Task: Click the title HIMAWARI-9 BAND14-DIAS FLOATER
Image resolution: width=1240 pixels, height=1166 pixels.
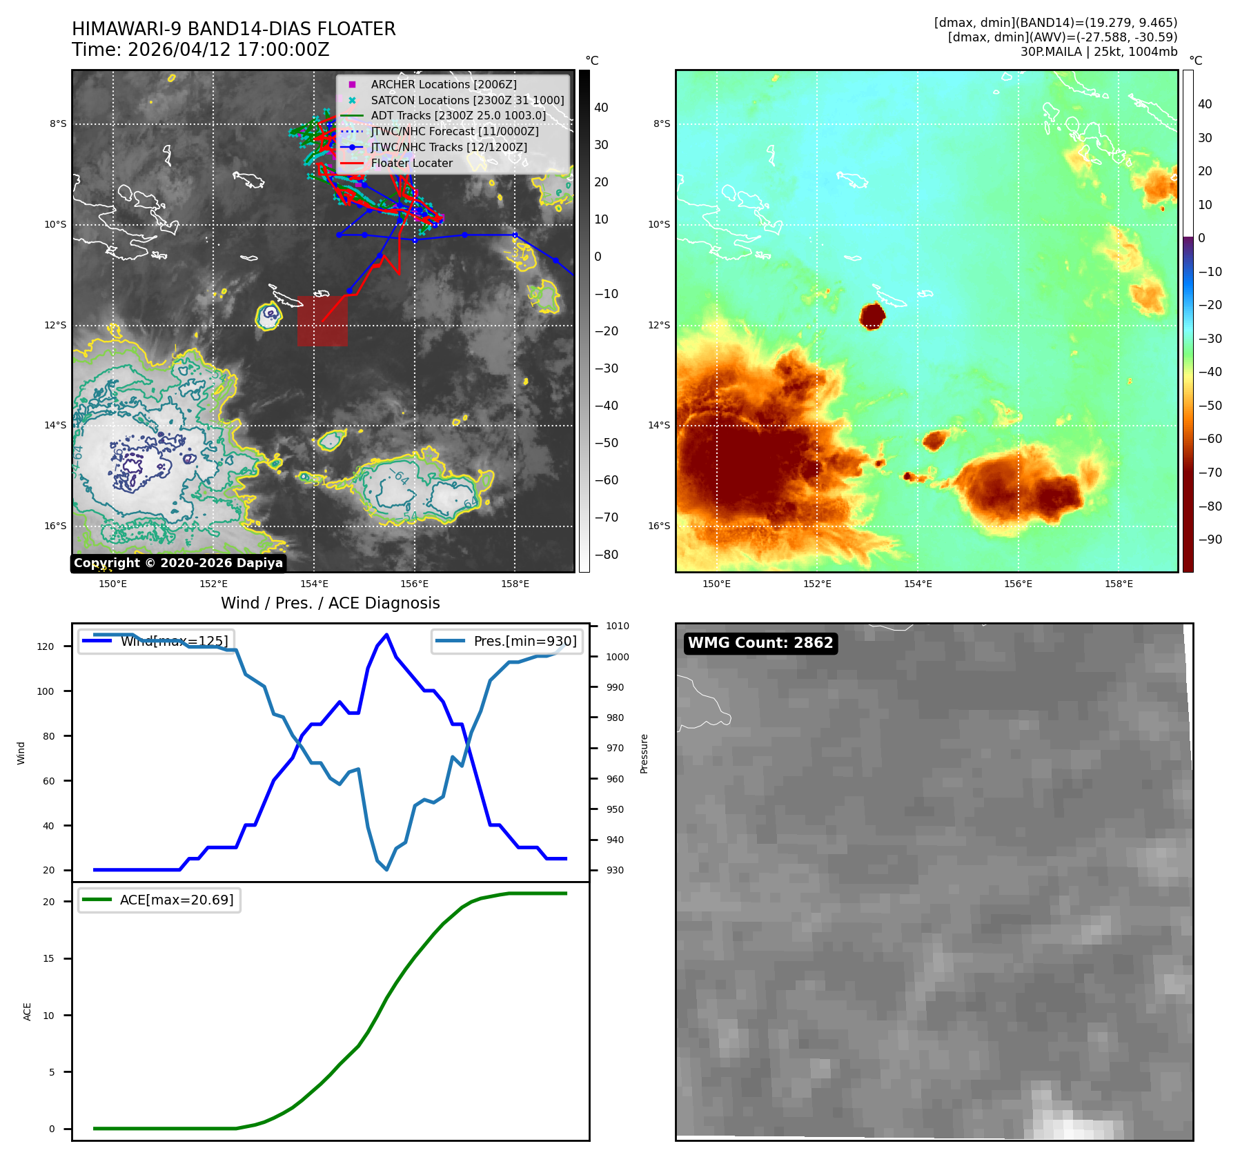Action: click(233, 29)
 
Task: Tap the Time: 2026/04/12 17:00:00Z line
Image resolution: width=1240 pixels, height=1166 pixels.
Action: click(200, 50)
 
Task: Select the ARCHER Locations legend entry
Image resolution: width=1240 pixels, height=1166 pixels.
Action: click(443, 84)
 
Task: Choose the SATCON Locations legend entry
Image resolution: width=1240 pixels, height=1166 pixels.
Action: click(466, 100)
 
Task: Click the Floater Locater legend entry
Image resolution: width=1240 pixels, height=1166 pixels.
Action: click(411, 163)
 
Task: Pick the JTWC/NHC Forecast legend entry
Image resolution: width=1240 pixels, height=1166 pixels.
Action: click(454, 131)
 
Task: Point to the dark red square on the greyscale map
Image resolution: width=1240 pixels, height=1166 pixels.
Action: click(322, 321)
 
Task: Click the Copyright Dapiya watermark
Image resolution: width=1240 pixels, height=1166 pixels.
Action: click(178, 563)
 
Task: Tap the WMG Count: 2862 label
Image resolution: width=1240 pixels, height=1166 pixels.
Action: click(760, 643)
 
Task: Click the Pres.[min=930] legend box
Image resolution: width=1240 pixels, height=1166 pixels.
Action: click(507, 641)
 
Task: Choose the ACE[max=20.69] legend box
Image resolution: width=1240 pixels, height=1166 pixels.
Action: click(159, 900)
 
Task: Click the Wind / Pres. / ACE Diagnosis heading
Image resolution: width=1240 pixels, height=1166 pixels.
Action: click(330, 603)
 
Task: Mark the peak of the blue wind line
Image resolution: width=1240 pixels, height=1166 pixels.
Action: click(386, 635)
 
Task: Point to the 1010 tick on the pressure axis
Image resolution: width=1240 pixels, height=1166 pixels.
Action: click(618, 626)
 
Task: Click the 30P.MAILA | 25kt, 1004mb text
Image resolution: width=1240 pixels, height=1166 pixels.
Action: click(1099, 52)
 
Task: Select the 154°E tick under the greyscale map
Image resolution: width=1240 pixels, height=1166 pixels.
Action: click(314, 584)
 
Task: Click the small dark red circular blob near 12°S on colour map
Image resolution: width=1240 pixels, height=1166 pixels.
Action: click(872, 316)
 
